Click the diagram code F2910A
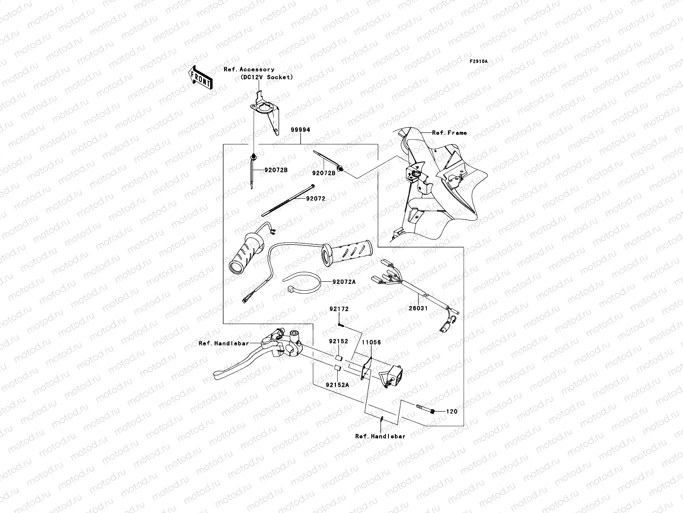point(479,62)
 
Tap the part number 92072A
point(344,282)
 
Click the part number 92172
point(339,309)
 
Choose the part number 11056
point(371,342)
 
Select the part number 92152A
point(337,385)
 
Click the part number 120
point(452,412)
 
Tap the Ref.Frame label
point(449,133)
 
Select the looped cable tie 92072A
point(304,285)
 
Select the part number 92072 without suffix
point(316,199)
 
